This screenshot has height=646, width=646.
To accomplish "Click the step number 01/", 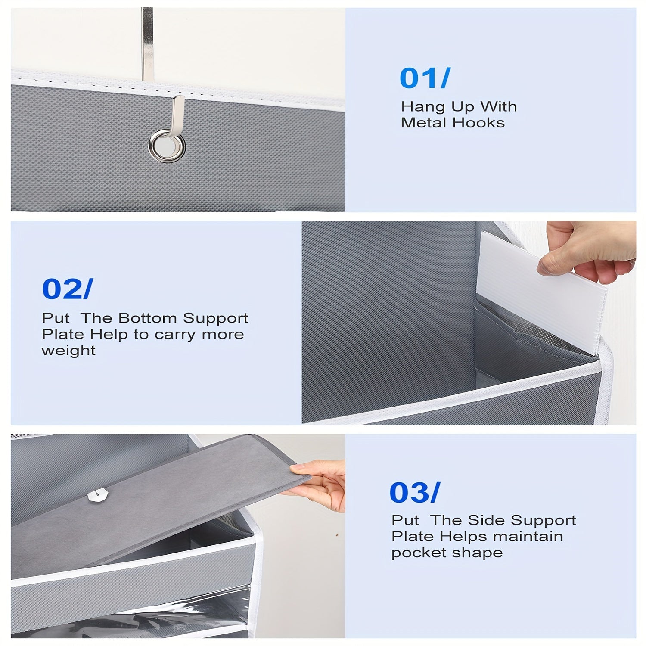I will [424, 78].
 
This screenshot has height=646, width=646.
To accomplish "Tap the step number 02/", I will [67, 289].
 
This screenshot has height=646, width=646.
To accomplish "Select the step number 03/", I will [414, 492].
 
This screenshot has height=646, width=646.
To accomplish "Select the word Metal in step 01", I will [424, 123].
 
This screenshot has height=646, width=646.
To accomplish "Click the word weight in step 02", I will [68, 351].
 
